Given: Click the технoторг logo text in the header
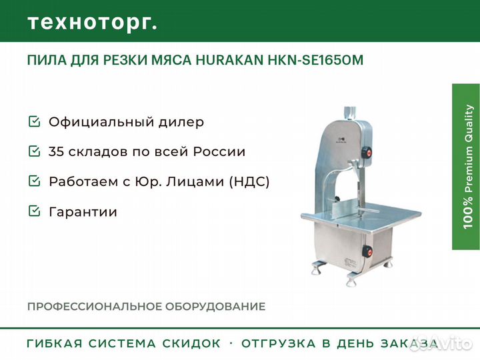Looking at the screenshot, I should tap(92, 23).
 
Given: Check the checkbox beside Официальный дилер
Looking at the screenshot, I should tap(34, 122).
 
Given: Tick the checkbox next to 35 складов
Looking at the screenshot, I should tap(34, 151).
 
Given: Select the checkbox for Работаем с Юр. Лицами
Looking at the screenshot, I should tap(34, 181).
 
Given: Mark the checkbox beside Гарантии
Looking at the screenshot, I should tap(34, 212).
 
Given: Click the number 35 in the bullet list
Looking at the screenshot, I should tap(57, 151).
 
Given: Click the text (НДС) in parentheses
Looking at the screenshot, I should tap(249, 181).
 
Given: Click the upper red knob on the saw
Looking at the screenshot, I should tap(365, 153).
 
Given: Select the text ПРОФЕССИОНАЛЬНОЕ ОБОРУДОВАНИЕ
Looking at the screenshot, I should tap(146, 307).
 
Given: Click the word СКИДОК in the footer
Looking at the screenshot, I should tap(191, 344).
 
